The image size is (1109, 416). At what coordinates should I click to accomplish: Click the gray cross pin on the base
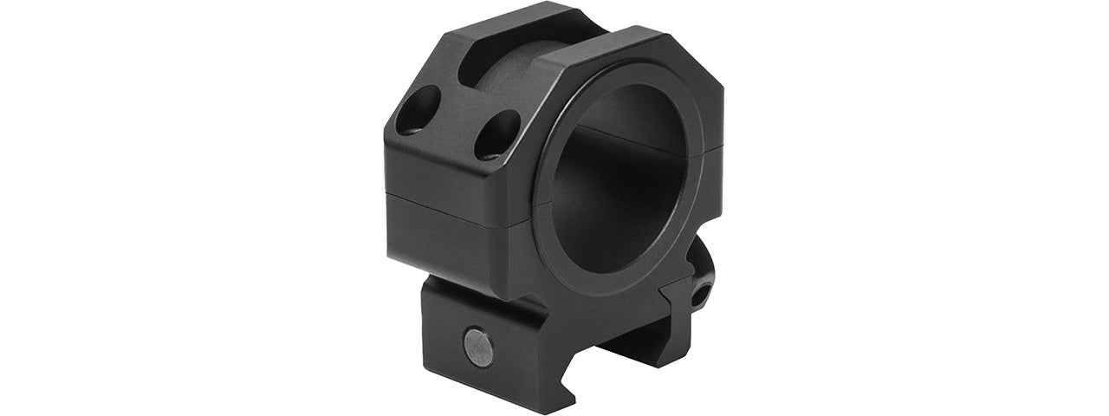(x=478, y=347)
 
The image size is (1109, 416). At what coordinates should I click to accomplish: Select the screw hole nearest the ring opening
(x=496, y=135)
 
